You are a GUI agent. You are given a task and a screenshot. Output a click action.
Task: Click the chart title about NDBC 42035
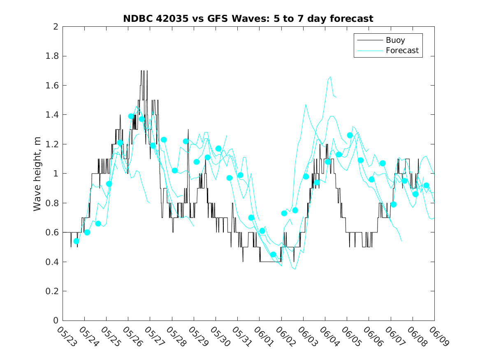pos(248,19)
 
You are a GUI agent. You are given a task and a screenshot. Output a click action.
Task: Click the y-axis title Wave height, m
pos(37,174)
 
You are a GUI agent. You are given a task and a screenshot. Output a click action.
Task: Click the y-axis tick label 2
pos(55,27)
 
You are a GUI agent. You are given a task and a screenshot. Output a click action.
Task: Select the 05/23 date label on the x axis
pos(66,337)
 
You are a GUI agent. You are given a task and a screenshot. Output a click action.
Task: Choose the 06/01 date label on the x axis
pos(263,337)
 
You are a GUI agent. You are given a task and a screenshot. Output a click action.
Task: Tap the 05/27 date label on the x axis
pos(154,337)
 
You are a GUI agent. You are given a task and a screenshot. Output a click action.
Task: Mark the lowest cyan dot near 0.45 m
pos(273,255)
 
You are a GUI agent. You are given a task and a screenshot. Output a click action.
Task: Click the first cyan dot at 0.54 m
pos(76,241)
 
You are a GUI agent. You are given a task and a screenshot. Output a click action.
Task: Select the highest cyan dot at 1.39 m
pos(131,116)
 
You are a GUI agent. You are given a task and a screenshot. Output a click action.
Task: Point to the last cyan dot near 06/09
pos(426,186)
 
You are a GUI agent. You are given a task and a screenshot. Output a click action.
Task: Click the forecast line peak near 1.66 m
pos(330,77)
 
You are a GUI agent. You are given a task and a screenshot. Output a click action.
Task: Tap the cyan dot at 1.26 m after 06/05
pos(350,135)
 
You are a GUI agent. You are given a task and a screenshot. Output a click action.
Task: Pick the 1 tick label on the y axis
pos(55,174)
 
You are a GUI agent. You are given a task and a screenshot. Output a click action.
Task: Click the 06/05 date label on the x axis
pos(350,337)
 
